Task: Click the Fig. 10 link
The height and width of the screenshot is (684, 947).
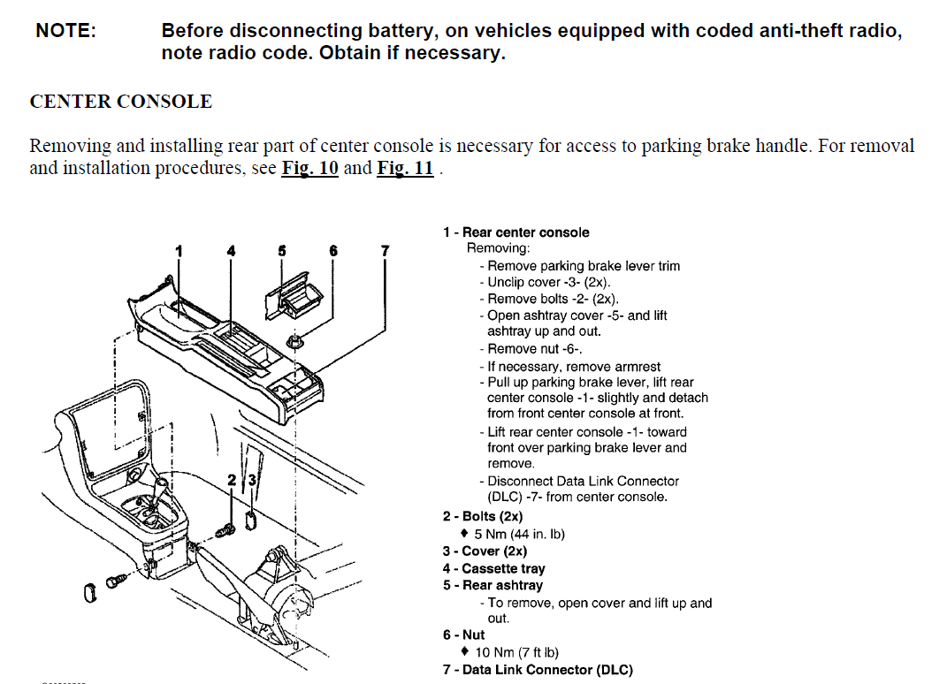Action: (x=309, y=168)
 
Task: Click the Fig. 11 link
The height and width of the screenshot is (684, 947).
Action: (x=405, y=168)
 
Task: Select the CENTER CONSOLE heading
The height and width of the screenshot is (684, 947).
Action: (x=121, y=102)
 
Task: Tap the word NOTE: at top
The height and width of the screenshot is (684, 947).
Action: (x=66, y=31)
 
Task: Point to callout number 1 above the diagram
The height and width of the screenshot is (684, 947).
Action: (x=179, y=251)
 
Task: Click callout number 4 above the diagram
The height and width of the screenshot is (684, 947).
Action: (x=232, y=251)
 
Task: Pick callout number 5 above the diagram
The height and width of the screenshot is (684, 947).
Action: (x=282, y=251)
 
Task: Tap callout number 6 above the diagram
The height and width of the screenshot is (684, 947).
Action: (x=333, y=251)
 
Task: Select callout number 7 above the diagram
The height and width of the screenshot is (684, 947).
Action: (x=385, y=251)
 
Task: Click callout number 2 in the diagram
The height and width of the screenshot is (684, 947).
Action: (x=232, y=480)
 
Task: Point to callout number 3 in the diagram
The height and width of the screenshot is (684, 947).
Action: (x=252, y=480)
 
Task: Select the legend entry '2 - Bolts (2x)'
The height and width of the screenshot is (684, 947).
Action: (x=483, y=516)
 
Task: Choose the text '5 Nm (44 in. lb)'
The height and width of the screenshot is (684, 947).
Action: (x=519, y=534)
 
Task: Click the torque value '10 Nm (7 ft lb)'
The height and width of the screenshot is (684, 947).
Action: (x=516, y=652)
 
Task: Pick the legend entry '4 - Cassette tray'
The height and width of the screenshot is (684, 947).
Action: (x=493, y=568)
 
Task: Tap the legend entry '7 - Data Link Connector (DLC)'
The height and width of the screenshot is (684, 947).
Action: (x=538, y=670)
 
